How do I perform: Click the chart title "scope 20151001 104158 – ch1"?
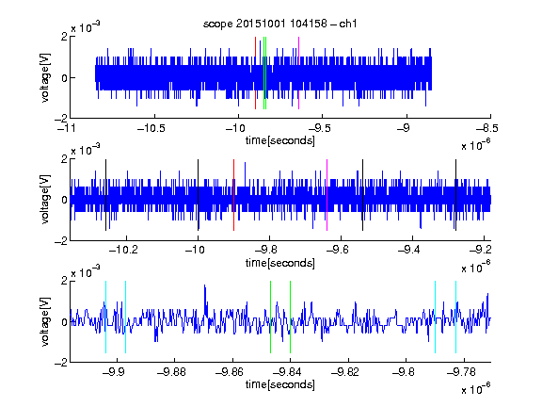point(279,24)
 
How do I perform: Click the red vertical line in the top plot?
point(255,73)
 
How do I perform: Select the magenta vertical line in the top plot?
point(298,73)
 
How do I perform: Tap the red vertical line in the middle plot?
point(233,195)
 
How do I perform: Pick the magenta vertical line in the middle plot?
point(327,195)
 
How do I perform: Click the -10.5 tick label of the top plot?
point(151,128)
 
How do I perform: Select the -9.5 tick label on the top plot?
point(319,128)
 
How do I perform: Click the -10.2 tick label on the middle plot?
point(123,249)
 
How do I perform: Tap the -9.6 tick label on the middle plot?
point(338,249)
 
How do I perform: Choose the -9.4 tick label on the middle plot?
point(409,249)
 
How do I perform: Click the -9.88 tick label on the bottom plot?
point(171,372)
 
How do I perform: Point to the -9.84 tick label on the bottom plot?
point(287,372)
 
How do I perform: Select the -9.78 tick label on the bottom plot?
point(461,372)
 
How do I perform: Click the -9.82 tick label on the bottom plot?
point(345,372)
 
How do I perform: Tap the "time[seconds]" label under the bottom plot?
point(280,384)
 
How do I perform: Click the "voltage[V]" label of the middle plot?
point(45,199)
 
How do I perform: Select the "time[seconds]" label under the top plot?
point(280,140)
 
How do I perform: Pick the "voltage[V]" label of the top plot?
point(45,77)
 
